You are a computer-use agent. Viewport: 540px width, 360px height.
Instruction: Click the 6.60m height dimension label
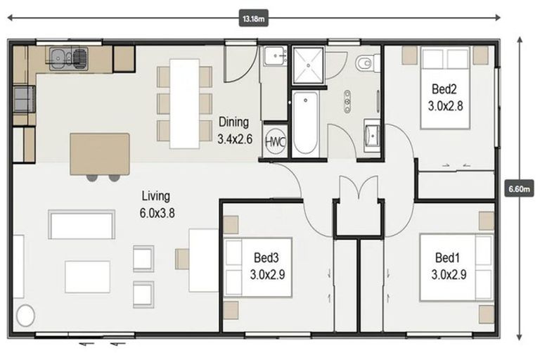(x=520, y=188)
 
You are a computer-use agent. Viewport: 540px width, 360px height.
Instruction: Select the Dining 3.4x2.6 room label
(x=233, y=130)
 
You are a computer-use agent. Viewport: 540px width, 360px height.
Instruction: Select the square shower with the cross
(x=308, y=65)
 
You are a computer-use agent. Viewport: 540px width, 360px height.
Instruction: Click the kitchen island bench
(x=100, y=153)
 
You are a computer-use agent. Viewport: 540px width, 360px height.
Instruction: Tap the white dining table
(x=184, y=103)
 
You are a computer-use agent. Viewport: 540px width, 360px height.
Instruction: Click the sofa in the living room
(x=82, y=224)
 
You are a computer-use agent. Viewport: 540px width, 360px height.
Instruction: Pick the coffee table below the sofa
(x=87, y=276)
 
